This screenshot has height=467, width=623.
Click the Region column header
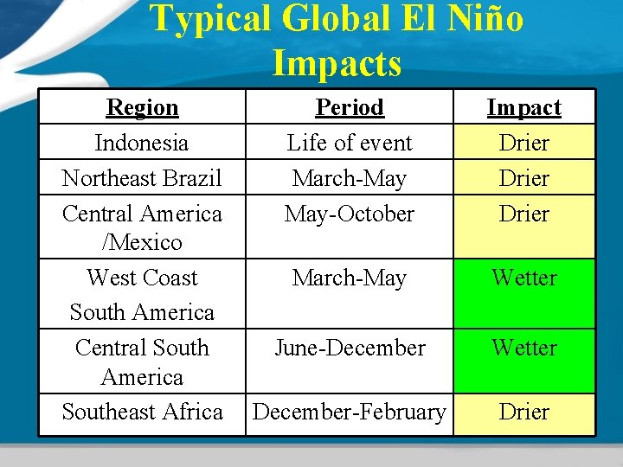(x=142, y=108)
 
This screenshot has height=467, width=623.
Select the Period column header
(x=350, y=108)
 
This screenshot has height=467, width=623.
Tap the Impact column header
(x=523, y=108)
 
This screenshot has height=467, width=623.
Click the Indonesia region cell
(x=142, y=143)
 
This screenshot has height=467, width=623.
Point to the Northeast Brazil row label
(x=142, y=178)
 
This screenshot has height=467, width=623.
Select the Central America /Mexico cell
(x=142, y=227)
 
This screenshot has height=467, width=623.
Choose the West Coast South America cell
(x=142, y=294)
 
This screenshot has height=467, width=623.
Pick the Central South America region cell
(x=142, y=361)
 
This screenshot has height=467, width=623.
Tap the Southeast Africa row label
(x=142, y=413)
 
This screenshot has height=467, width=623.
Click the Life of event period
(x=350, y=143)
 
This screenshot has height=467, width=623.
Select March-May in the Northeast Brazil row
(x=350, y=178)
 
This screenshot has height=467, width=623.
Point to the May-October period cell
(x=350, y=214)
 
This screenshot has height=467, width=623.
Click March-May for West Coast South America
(x=350, y=278)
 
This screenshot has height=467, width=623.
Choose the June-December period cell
(x=350, y=348)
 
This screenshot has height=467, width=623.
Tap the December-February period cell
(x=350, y=413)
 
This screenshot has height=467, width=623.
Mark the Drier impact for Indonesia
(x=523, y=143)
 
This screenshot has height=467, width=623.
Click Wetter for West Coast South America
(x=523, y=278)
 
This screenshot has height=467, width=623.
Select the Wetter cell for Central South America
(x=523, y=348)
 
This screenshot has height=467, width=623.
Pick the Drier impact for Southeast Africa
(x=523, y=413)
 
